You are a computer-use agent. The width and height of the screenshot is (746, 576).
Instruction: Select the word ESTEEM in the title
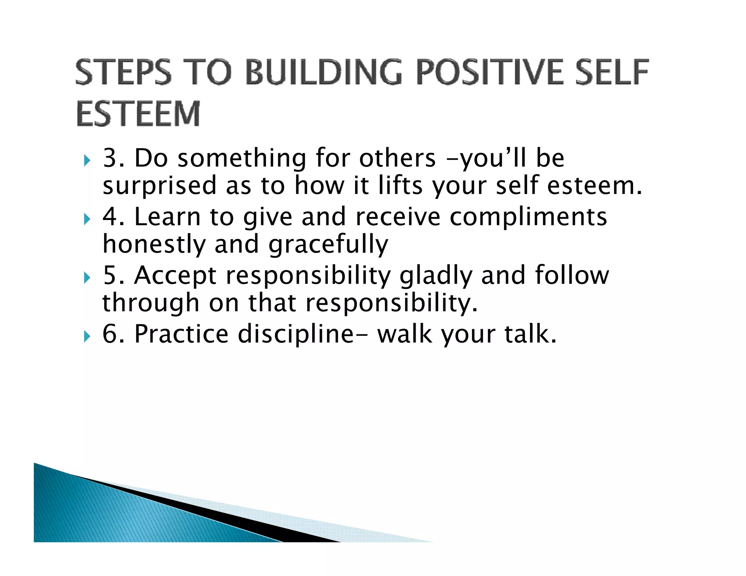(x=138, y=114)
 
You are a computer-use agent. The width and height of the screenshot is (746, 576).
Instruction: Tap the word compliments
(x=528, y=217)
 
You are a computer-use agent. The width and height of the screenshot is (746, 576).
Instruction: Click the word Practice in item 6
(x=181, y=334)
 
